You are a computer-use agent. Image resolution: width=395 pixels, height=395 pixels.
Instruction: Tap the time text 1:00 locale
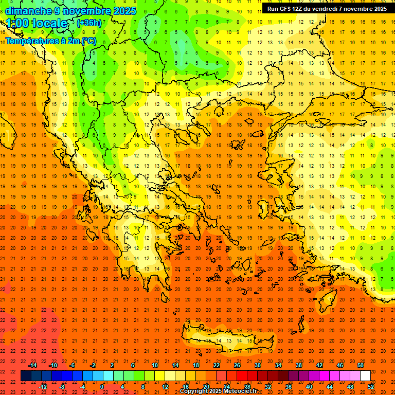click(x=37, y=24)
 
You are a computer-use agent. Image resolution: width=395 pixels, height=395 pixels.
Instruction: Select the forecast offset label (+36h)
click(x=89, y=23)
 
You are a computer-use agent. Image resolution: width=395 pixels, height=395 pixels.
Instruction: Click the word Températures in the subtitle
click(x=32, y=41)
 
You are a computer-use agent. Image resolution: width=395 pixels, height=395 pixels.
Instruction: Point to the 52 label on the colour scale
click(x=371, y=387)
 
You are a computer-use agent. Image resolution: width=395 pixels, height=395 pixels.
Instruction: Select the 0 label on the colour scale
click(x=102, y=387)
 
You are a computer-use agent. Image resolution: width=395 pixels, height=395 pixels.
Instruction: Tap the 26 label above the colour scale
click(x=237, y=365)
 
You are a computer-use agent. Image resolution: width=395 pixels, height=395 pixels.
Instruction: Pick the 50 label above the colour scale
click(x=361, y=365)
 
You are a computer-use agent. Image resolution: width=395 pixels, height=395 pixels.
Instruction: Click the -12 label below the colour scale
click(x=43, y=387)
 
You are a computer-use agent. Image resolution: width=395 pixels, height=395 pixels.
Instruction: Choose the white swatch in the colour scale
click(x=366, y=376)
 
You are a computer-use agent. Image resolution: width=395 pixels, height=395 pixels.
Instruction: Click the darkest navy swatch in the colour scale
click(x=26, y=376)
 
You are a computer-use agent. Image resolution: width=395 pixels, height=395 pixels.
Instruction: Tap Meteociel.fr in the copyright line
click(x=240, y=391)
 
